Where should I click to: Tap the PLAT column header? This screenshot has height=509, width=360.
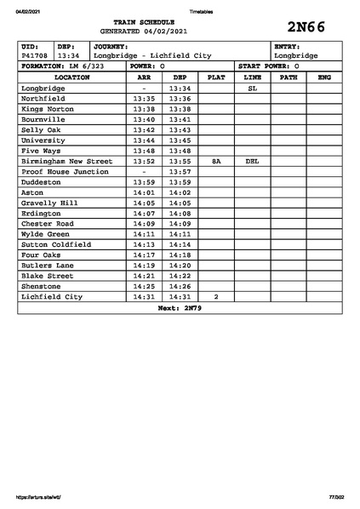(216, 77)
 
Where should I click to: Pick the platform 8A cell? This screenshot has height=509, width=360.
(216, 160)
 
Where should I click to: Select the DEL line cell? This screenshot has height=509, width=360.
(252, 160)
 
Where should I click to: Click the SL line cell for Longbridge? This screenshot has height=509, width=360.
(252, 88)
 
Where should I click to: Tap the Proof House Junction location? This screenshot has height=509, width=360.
(65, 171)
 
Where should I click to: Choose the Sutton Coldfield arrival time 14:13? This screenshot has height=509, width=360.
(144, 244)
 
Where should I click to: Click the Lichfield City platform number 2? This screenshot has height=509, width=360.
(216, 296)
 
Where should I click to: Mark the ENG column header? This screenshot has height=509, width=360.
(323, 77)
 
